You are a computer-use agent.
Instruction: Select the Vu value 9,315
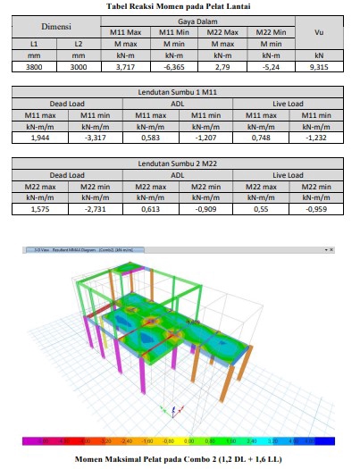coord(319,66)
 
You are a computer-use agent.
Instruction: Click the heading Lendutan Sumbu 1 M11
coord(180,92)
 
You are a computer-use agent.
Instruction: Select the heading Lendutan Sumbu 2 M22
coord(180,163)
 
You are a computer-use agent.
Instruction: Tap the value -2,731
coord(95,209)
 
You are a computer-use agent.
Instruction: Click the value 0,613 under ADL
coord(152,209)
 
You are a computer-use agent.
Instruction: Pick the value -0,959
coord(319,209)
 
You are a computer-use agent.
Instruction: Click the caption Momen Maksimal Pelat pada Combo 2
coord(180,458)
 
